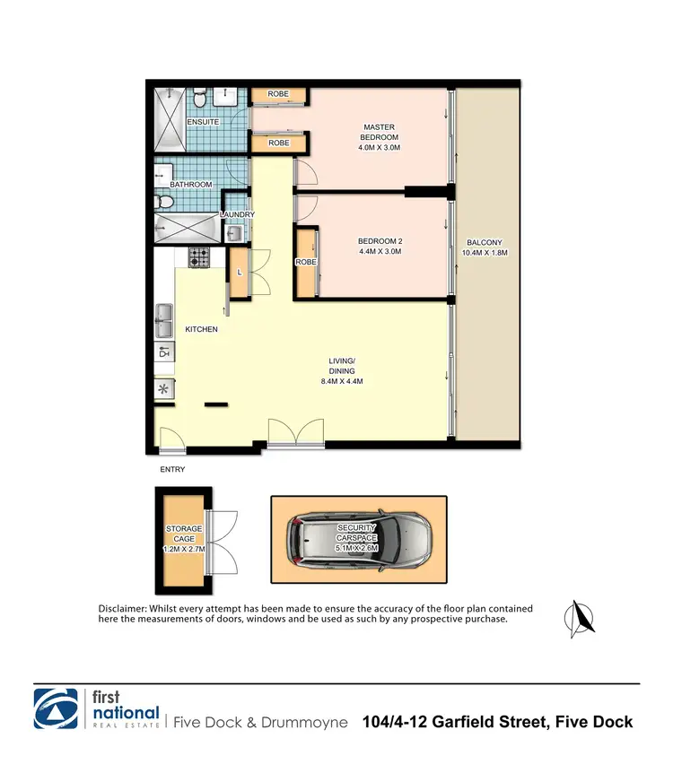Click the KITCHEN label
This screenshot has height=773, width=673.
tap(201, 329)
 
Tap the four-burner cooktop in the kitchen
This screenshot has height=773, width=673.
tap(198, 256)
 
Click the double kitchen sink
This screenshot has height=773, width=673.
tap(164, 316)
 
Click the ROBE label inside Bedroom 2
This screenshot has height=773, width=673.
tap(305, 262)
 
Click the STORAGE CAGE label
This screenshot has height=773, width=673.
tap(183, 535)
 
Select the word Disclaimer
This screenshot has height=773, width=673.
tap(121, 609)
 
